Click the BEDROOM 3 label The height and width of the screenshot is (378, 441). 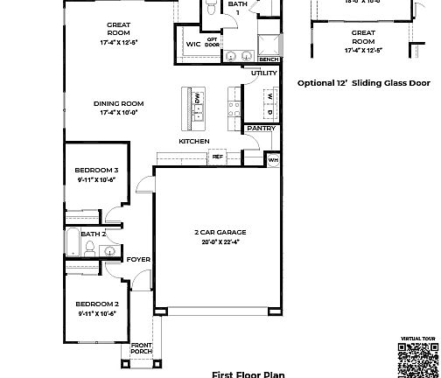coord(96,170)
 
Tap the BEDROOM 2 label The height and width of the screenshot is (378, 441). coord(96,305)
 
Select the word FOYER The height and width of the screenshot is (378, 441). coord(138,259)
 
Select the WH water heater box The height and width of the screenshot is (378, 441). coord(272,160)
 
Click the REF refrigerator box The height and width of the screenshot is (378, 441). coord(217,157)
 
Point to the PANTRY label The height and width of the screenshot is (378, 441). coord(261,129)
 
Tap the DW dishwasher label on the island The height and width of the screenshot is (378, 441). coord(198,96)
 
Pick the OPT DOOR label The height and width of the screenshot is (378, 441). coord(212,41)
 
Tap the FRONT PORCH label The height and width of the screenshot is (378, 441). coord(142,348)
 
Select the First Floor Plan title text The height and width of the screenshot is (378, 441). coord(248,374)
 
